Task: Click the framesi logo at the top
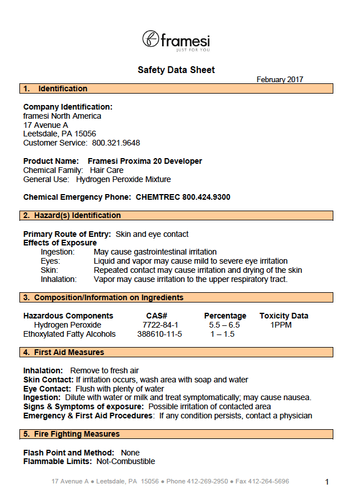point(176,41)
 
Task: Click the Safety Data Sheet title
point(176,70)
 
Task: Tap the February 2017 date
point(280,80)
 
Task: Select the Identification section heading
point(63,88)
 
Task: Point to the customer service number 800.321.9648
point(116,143)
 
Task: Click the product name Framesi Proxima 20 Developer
point(145,161)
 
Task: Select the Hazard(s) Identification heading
point(77,215)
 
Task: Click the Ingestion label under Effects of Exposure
point(58,252)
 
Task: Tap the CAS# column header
point(156,316)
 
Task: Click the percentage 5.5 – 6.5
point(224,325)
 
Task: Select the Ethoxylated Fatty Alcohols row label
point(70,334)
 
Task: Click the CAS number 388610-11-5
point(160,334)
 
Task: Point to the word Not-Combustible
point(126,461)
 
